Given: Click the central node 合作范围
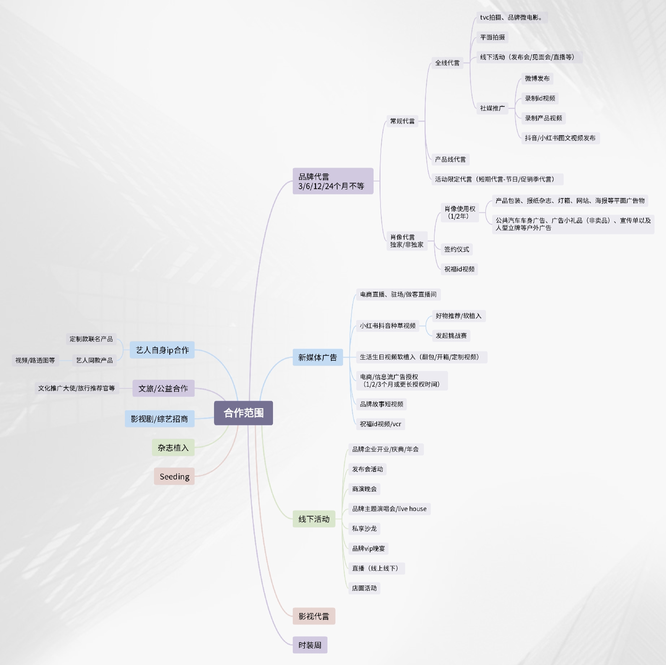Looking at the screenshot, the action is pos(243,413).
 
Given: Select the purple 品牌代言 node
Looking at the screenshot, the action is pos(333,181).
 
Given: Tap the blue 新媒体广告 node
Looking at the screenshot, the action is pos(318,357).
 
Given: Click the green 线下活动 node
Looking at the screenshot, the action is pos(314,519).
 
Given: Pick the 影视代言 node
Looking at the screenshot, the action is pos(314,616).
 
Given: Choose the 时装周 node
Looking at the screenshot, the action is pos(310,645).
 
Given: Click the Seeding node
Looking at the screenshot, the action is pos(174,476).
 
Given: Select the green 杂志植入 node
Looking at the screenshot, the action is pos(173,448).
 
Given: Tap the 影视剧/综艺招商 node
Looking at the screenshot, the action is pos(160,419).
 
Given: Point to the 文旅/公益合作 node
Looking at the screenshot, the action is pos(163,388).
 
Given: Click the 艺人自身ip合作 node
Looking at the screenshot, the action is pos(162,350).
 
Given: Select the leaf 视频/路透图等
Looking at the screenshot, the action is pos(35,360).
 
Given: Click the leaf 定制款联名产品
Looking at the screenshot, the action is pos(91,339).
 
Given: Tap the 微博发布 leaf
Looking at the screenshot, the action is pos(537,78).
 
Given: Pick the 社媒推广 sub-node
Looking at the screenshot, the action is pos(492,108).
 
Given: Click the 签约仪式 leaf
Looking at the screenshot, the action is pos(456,249).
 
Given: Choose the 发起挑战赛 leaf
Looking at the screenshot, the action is pos(451,336).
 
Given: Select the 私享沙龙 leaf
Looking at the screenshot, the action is pos(365,529).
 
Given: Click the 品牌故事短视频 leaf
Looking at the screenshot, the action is pos(382,404).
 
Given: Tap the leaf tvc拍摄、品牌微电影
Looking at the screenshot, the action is pos(512,17).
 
